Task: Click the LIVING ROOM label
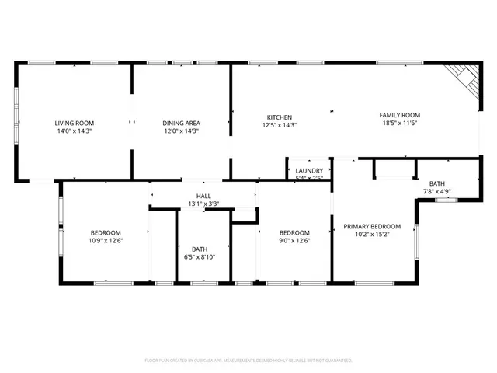(x=74, y=123)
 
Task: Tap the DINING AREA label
(x=181, y=123)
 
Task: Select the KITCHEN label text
(x=280, y=117)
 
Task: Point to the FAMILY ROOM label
(x=399, y=115)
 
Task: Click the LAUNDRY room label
(x=309, y=170)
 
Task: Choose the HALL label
(x=203, y=196)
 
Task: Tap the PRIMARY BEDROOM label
(x=372, y=225)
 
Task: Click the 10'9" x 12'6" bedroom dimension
(x=106, y=241)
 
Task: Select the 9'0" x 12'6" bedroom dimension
(x=294, y=241)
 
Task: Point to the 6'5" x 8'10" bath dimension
(x=200, y=257)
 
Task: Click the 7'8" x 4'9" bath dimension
(x=437, y=191)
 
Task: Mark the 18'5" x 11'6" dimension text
(x=399, y=123)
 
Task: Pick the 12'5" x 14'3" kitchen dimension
(x=280, y=124)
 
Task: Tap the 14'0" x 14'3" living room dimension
(x=74, y=131)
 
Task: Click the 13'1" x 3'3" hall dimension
(x=203, y=204)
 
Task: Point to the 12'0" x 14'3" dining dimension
(x=181, y=131)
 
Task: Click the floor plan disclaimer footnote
(x=248, y=361)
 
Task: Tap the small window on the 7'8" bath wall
(x=446, y=200)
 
